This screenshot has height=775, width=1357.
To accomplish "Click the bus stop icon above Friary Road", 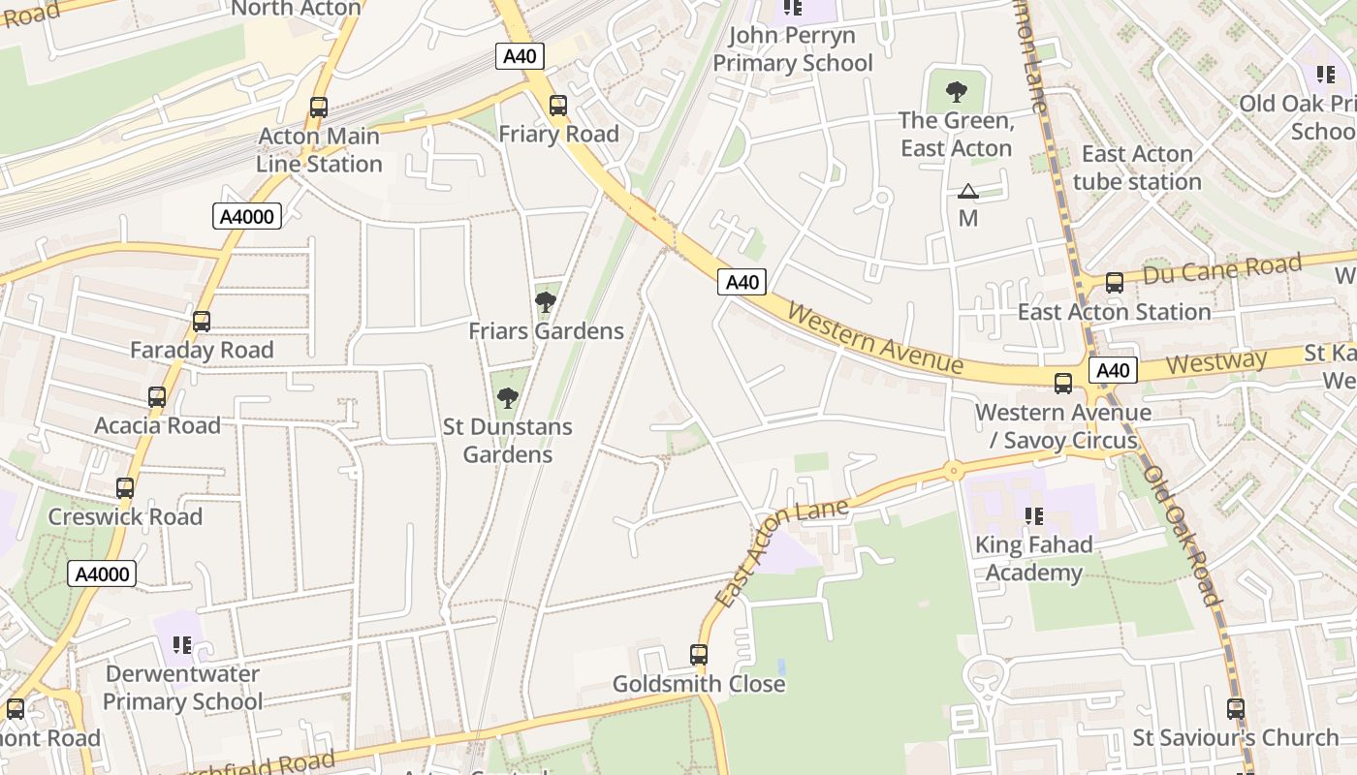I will (x=557, y=106).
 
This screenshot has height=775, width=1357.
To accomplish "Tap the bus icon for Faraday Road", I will (x=202, y=322).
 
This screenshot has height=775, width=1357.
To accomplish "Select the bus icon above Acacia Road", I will (x=157, y=397).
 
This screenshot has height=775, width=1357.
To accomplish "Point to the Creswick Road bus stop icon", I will (x=125, y=488).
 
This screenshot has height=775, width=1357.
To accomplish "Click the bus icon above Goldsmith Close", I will (x=699, y=655).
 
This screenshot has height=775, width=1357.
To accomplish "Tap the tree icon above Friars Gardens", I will (x=546, y=302).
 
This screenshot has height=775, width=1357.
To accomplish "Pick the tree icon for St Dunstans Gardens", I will (x=507, y=397).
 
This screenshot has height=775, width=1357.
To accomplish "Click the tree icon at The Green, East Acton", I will (x=957, y=92).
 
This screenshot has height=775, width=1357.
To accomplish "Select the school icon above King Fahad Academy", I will (x=1033, y=516).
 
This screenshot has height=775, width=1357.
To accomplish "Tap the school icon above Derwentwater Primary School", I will (x=182, y=645).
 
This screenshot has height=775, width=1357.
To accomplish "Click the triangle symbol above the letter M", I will (x=968, y=192).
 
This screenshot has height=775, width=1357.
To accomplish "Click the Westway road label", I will (x=1216, y=362).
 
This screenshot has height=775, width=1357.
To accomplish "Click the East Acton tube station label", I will (x=1137, y=168).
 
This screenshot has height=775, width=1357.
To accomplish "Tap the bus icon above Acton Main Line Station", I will (x=319, y=108).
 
